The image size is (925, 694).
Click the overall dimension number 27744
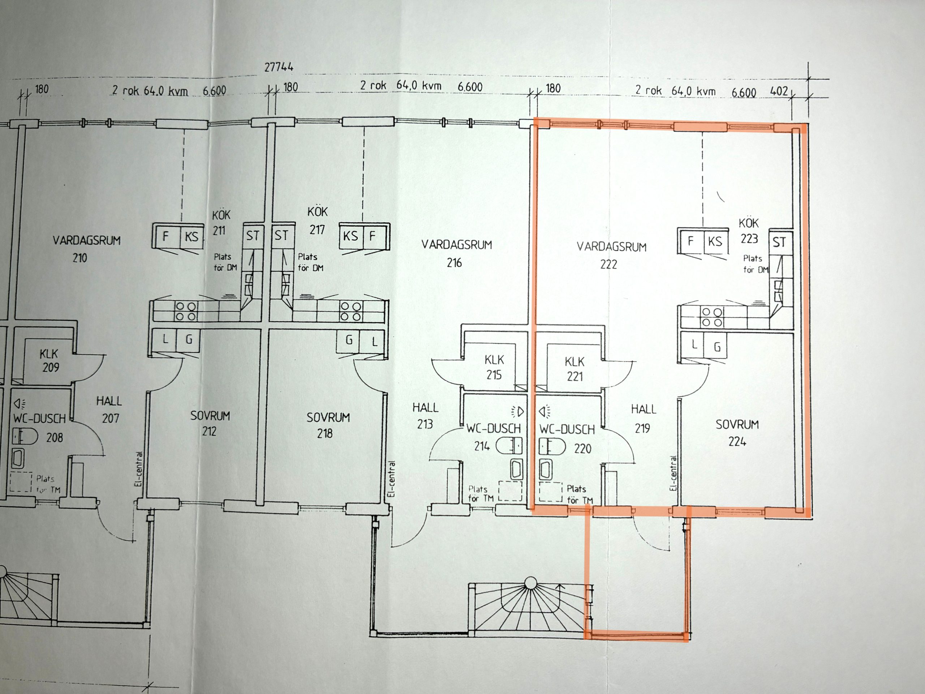click(x=279, y=67)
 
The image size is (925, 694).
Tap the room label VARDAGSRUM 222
click(x=611, y=255)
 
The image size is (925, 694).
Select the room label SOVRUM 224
click(x=737, y=433)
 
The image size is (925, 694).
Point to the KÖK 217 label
click(x=317, y=220)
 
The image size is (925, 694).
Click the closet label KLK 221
click(x=575, y=369)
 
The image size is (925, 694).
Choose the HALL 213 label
click(x=425, y=416)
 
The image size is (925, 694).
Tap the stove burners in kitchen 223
click(x=712, y=317)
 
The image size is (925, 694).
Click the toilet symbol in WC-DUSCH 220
click(x=552, y=446)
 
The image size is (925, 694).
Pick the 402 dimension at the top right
click(x=779, y=91)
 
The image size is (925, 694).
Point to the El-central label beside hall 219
click(x=673, y=473)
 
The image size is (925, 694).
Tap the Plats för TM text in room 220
click(x=580, y=494)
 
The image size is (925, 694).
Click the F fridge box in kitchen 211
click(x=165, y=236)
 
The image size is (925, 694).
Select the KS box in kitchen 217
click(x=351, y=236)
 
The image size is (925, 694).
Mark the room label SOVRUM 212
click(x=210, y=423)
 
